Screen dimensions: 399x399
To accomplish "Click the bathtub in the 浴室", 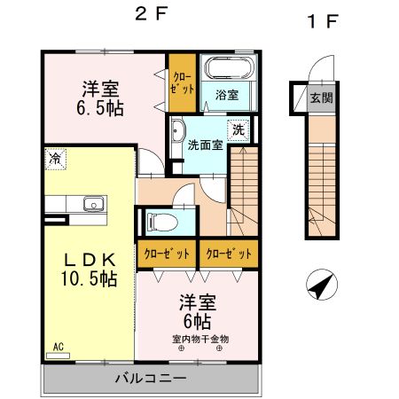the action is pyautogui.click(x=229, y=67).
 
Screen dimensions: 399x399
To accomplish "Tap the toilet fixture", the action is pyautogui.click(x=162, y=222).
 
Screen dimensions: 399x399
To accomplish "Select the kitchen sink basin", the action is pyautogui.click(x=94, y=204).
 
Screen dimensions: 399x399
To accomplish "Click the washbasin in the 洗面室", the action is pyautogui.click(x=178, y=130).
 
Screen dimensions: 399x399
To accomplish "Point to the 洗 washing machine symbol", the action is pyautogui.click(x=239, y=130).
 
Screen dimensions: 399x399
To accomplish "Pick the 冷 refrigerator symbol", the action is pyautogui.click(x=55, y=160).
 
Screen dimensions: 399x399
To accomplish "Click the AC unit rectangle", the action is pyautogui.click(x=58, y=356).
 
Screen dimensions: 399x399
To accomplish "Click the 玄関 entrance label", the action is pyautogui.click(x=321, y=98).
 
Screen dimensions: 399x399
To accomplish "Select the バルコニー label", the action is pyautogui.click(x=151, y=379).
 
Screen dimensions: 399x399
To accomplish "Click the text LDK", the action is pyautogui.click(x=90, y=260).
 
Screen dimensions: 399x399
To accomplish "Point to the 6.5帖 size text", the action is pyautogui.click(x=100, y=109).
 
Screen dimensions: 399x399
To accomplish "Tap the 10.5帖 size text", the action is pyautogui.click(x=90, y=279).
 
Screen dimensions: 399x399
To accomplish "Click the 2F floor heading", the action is pyautogui.click(x=152, y=14).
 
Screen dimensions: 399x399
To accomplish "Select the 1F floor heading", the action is pyautogui.click(x=323, y=21).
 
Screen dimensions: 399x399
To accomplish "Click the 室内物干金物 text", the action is pyautogui.click(x=200, y=339).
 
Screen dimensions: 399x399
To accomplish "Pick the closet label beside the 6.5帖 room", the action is pyautogui.click(x=183, y=83).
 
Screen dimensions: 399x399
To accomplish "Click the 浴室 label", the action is pyautogui.click(x=227, y=95).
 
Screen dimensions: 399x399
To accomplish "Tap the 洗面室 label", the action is pyautogui.click(x=205, y=145).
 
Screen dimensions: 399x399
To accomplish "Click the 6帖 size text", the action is pyautogui.click(x=198, y=322).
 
